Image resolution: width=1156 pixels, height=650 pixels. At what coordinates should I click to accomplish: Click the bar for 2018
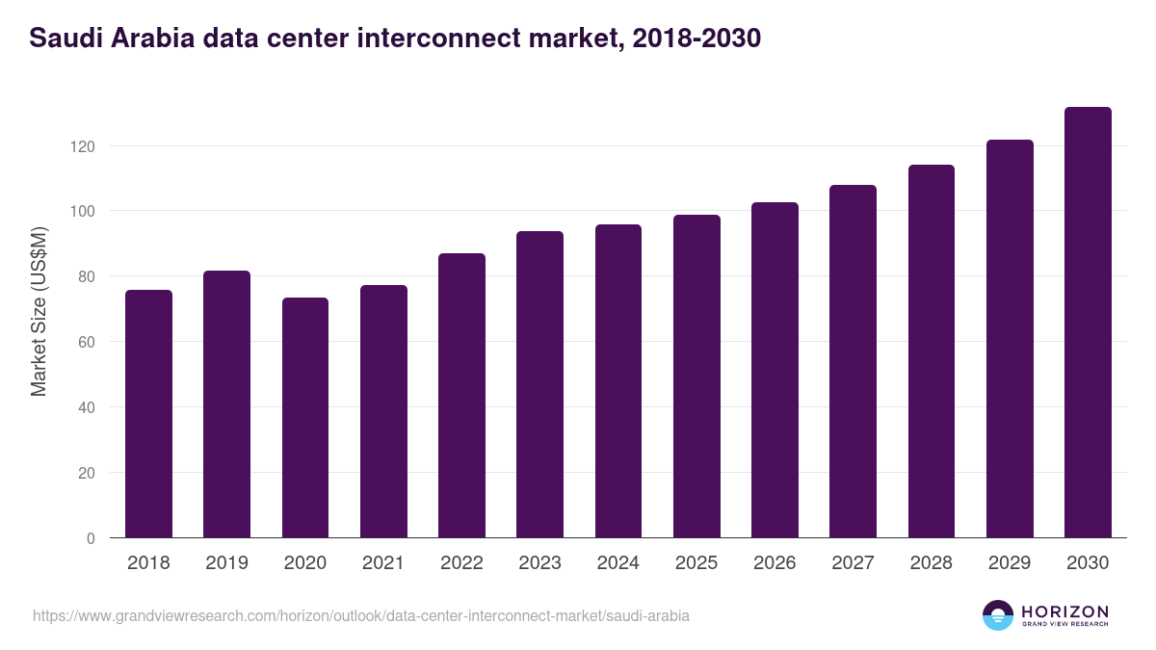(148, 414)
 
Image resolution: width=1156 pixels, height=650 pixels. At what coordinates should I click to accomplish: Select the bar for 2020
(305, 418)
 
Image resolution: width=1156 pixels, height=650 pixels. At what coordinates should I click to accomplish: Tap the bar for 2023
(539, 384)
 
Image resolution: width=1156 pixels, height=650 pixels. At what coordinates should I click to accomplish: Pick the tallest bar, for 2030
(1088, 323)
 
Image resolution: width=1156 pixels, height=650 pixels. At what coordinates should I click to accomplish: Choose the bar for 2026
(775, 370)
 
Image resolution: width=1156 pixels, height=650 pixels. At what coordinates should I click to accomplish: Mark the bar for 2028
(931, 351)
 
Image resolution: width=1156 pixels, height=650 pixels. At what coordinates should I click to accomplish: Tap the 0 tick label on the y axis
(91, 538)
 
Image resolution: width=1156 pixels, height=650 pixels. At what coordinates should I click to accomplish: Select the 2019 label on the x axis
(226, 563)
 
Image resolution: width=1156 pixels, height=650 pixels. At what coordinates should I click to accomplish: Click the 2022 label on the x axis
(461, 563)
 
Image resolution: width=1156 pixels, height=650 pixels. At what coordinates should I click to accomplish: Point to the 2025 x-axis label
(696, 563)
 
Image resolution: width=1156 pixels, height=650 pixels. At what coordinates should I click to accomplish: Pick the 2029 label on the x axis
(1009, 563)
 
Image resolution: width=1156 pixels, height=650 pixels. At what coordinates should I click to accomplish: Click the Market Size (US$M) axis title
(39, 312)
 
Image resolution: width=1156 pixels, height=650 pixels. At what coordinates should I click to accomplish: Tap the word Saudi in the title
(61, 39)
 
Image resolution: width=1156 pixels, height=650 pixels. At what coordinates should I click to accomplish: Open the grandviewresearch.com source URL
(361, 615)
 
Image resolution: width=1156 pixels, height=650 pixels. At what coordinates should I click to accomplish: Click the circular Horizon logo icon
(998, 615)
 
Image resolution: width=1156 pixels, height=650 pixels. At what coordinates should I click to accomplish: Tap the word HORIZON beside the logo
(1064, 611)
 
